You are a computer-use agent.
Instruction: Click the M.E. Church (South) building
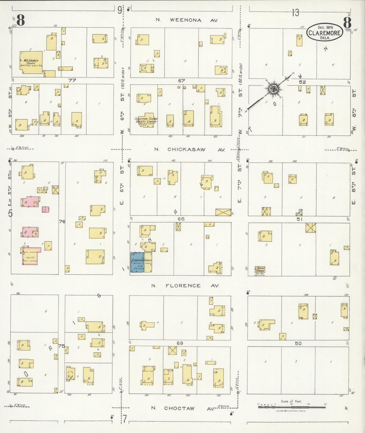click(31, 62)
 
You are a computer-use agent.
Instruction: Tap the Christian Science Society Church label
click(146, 120)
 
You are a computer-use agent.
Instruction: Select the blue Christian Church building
click(137, 262)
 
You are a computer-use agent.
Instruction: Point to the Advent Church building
click(260, 269)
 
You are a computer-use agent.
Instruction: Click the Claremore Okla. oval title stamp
click(325, 32)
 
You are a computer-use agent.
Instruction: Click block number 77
click(72, 81)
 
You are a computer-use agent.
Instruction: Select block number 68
click(181, 219)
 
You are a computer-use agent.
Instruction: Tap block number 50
click(298, 343)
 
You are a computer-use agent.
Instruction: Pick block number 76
click(62, 222)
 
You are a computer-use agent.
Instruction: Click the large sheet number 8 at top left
click(20, 21)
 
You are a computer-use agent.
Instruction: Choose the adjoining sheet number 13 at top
click(295, 13)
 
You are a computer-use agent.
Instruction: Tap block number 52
click(302, 82)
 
